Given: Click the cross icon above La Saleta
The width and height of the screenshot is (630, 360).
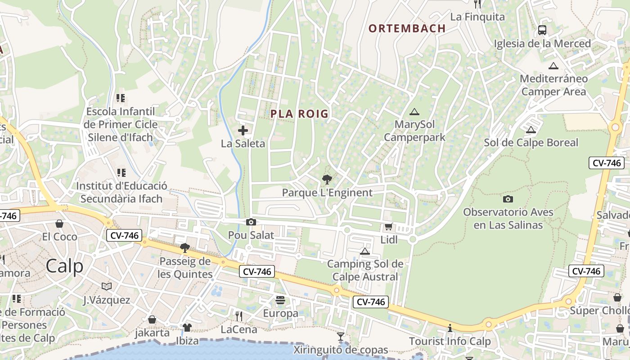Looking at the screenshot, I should coord(243,131).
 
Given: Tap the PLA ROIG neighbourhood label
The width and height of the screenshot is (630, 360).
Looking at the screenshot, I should coord(299,114).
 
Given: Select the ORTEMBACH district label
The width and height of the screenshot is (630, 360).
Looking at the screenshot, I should coord(407,28).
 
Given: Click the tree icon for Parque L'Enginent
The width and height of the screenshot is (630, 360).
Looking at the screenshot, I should coord(327,180).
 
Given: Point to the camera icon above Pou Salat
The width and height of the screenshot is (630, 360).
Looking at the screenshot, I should coord(251,222).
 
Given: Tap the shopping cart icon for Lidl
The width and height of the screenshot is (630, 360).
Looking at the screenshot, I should coord(388,227).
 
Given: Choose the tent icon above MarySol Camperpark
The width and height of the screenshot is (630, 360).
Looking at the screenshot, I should coord(414,112).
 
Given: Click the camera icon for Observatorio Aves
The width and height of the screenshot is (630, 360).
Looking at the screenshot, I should coord(508,199).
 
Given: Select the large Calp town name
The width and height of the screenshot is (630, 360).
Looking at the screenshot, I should coord(64,266).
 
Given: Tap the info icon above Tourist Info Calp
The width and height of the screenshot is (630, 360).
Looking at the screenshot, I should coord(450,328).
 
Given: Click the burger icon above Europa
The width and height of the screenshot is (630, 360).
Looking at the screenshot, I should coord(280,300).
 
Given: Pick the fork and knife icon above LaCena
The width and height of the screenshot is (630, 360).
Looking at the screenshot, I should coord(239,316).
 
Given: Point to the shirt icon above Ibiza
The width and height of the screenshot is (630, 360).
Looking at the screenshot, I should coord(187,327).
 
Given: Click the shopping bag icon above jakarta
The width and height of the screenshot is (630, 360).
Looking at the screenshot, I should coord(152,319).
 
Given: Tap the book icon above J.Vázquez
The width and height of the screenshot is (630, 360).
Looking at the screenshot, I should coord(107,286).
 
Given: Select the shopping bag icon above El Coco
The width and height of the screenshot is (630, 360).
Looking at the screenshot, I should coord(59,224).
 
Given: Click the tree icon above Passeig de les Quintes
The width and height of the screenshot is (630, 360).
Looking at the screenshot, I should coord(184,247).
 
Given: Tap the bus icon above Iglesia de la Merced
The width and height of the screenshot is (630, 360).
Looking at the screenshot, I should coord(542,30).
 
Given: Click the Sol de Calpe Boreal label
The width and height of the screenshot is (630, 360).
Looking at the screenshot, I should coord(531,143).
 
